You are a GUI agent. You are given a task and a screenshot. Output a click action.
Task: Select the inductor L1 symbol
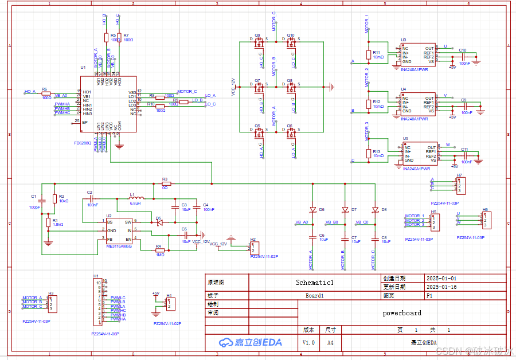135,199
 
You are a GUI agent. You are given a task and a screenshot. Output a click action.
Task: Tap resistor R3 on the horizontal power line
166,184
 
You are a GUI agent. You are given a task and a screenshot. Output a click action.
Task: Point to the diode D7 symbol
345,209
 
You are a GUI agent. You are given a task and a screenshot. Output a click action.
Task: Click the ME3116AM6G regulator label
119,246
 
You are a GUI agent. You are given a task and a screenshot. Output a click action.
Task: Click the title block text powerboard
402,313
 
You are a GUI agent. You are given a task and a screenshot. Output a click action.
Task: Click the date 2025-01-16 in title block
441,287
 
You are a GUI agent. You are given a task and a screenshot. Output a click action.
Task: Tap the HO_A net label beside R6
30,92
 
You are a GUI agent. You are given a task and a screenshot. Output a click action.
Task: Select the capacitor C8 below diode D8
374,236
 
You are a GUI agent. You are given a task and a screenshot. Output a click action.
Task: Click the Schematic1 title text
314,283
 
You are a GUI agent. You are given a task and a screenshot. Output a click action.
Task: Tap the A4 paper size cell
330,342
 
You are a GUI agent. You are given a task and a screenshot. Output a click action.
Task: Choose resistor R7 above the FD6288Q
119,37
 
